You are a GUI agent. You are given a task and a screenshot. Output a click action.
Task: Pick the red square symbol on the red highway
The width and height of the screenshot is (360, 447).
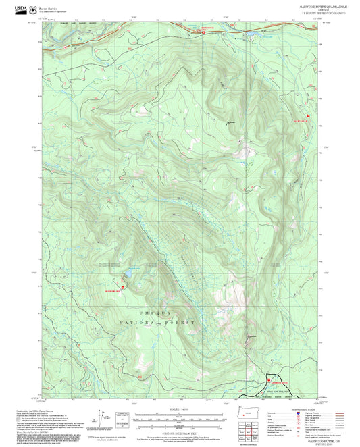point(205,33)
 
